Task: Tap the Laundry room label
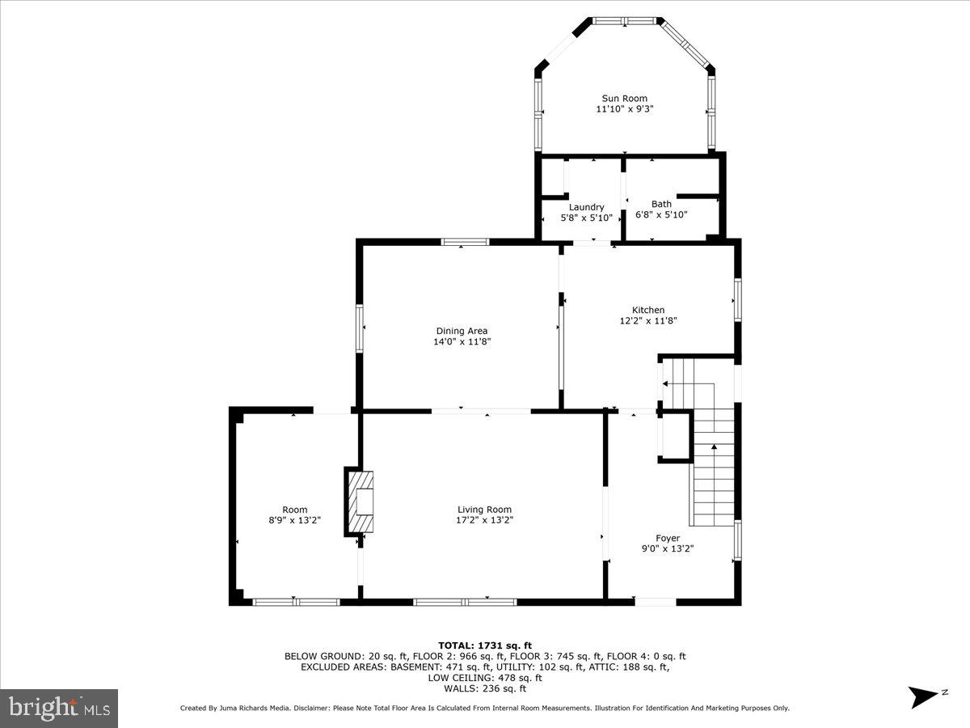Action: pos(586,207)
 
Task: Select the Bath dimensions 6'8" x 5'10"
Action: pos(661,215)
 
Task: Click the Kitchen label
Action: pos(648,310)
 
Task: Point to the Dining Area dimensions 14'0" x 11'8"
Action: pos(462,342)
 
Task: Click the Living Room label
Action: pos(484,510)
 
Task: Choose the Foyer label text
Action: pos(668,538)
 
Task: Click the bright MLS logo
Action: pos(59,709)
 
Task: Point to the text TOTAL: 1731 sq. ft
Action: pos(485,645)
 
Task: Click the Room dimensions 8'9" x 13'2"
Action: pos(295,520)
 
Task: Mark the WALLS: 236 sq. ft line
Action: pos(485,689)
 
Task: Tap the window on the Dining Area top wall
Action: pos(465,241)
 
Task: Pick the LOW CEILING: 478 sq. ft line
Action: pos(485,678)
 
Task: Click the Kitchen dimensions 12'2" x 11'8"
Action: pos(648,320)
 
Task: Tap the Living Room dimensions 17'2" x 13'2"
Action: pos(484,520)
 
